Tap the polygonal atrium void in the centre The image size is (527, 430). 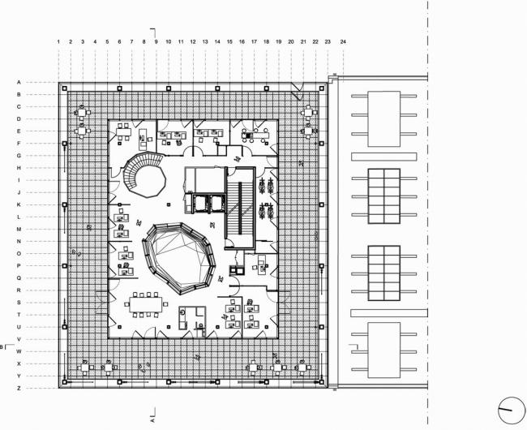click(x=179, y=257)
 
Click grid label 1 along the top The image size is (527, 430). click(x=58, y=41)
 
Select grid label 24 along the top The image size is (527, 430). click(x=344, y=41)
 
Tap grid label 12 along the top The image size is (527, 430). click(x=193, y=41)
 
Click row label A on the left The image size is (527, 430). click(x=18, y=82)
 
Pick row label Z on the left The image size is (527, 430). click(x=18, y=389)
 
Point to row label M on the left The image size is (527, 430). click(x=18, y=230)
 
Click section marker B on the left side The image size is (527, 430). click(x=4, y=347)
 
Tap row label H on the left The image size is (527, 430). click(x=18, y=168)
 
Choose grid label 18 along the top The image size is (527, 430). click(x=266, y=41)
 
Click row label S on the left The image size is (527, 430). click(x=18, y=302)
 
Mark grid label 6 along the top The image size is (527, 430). click(x=119, y=41)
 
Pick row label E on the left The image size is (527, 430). click(x=18, y=131)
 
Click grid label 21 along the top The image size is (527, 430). click(x=302, y=41)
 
